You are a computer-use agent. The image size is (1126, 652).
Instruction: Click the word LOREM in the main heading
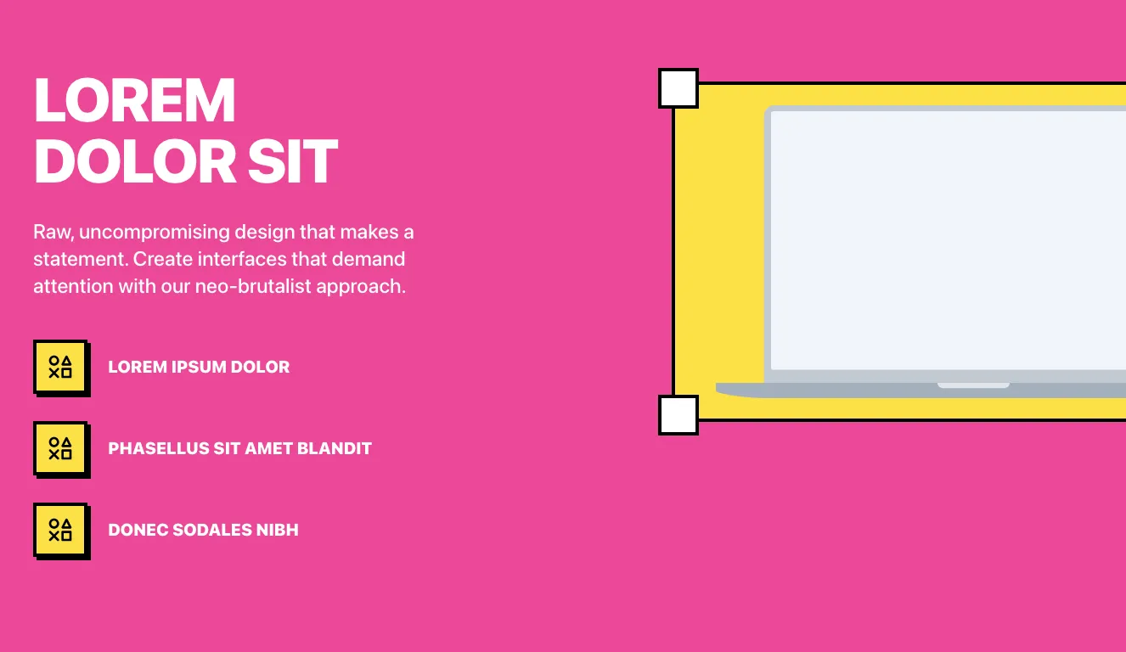pyautogui.click(x=134, y=100)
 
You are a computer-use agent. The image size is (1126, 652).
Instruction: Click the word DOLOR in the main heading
pyautogui.click(x=135, y=161)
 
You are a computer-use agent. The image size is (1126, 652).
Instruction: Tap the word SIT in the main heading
pyautogui.click(x=293, y=161)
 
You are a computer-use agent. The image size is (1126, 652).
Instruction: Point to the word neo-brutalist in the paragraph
pyautogui.click(x=253, y=287)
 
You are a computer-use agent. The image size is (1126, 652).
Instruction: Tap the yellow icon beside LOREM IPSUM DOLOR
pyautogui.click(x=60, y=367)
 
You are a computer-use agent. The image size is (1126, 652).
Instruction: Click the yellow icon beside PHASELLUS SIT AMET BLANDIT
pyautogui.click(x=60, y=448)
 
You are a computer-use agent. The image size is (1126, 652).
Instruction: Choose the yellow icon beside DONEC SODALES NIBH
pyautogui.click(x=60, y=530)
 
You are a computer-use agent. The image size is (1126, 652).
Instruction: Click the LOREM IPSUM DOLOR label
pyautogui.click(x=199, y=367)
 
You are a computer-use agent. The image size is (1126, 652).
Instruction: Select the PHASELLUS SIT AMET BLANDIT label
pyautogui.click(x=239, y=448)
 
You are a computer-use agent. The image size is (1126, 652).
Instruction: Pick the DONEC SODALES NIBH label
pyautogui.click(x=203, y=530)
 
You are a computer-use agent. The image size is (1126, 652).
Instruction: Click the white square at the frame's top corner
pyautogui.click(x=678, y=88)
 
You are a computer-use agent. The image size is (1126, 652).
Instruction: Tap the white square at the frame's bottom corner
pyautogui.click(x=678, y=415)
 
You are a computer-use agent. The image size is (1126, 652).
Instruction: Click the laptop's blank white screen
pyautogui.click(x=948, y=240)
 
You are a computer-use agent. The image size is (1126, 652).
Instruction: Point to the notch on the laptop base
pyautogui.click(x=973, y=385)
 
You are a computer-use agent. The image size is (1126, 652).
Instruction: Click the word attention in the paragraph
pyautogui.click(x=73, y=287)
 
